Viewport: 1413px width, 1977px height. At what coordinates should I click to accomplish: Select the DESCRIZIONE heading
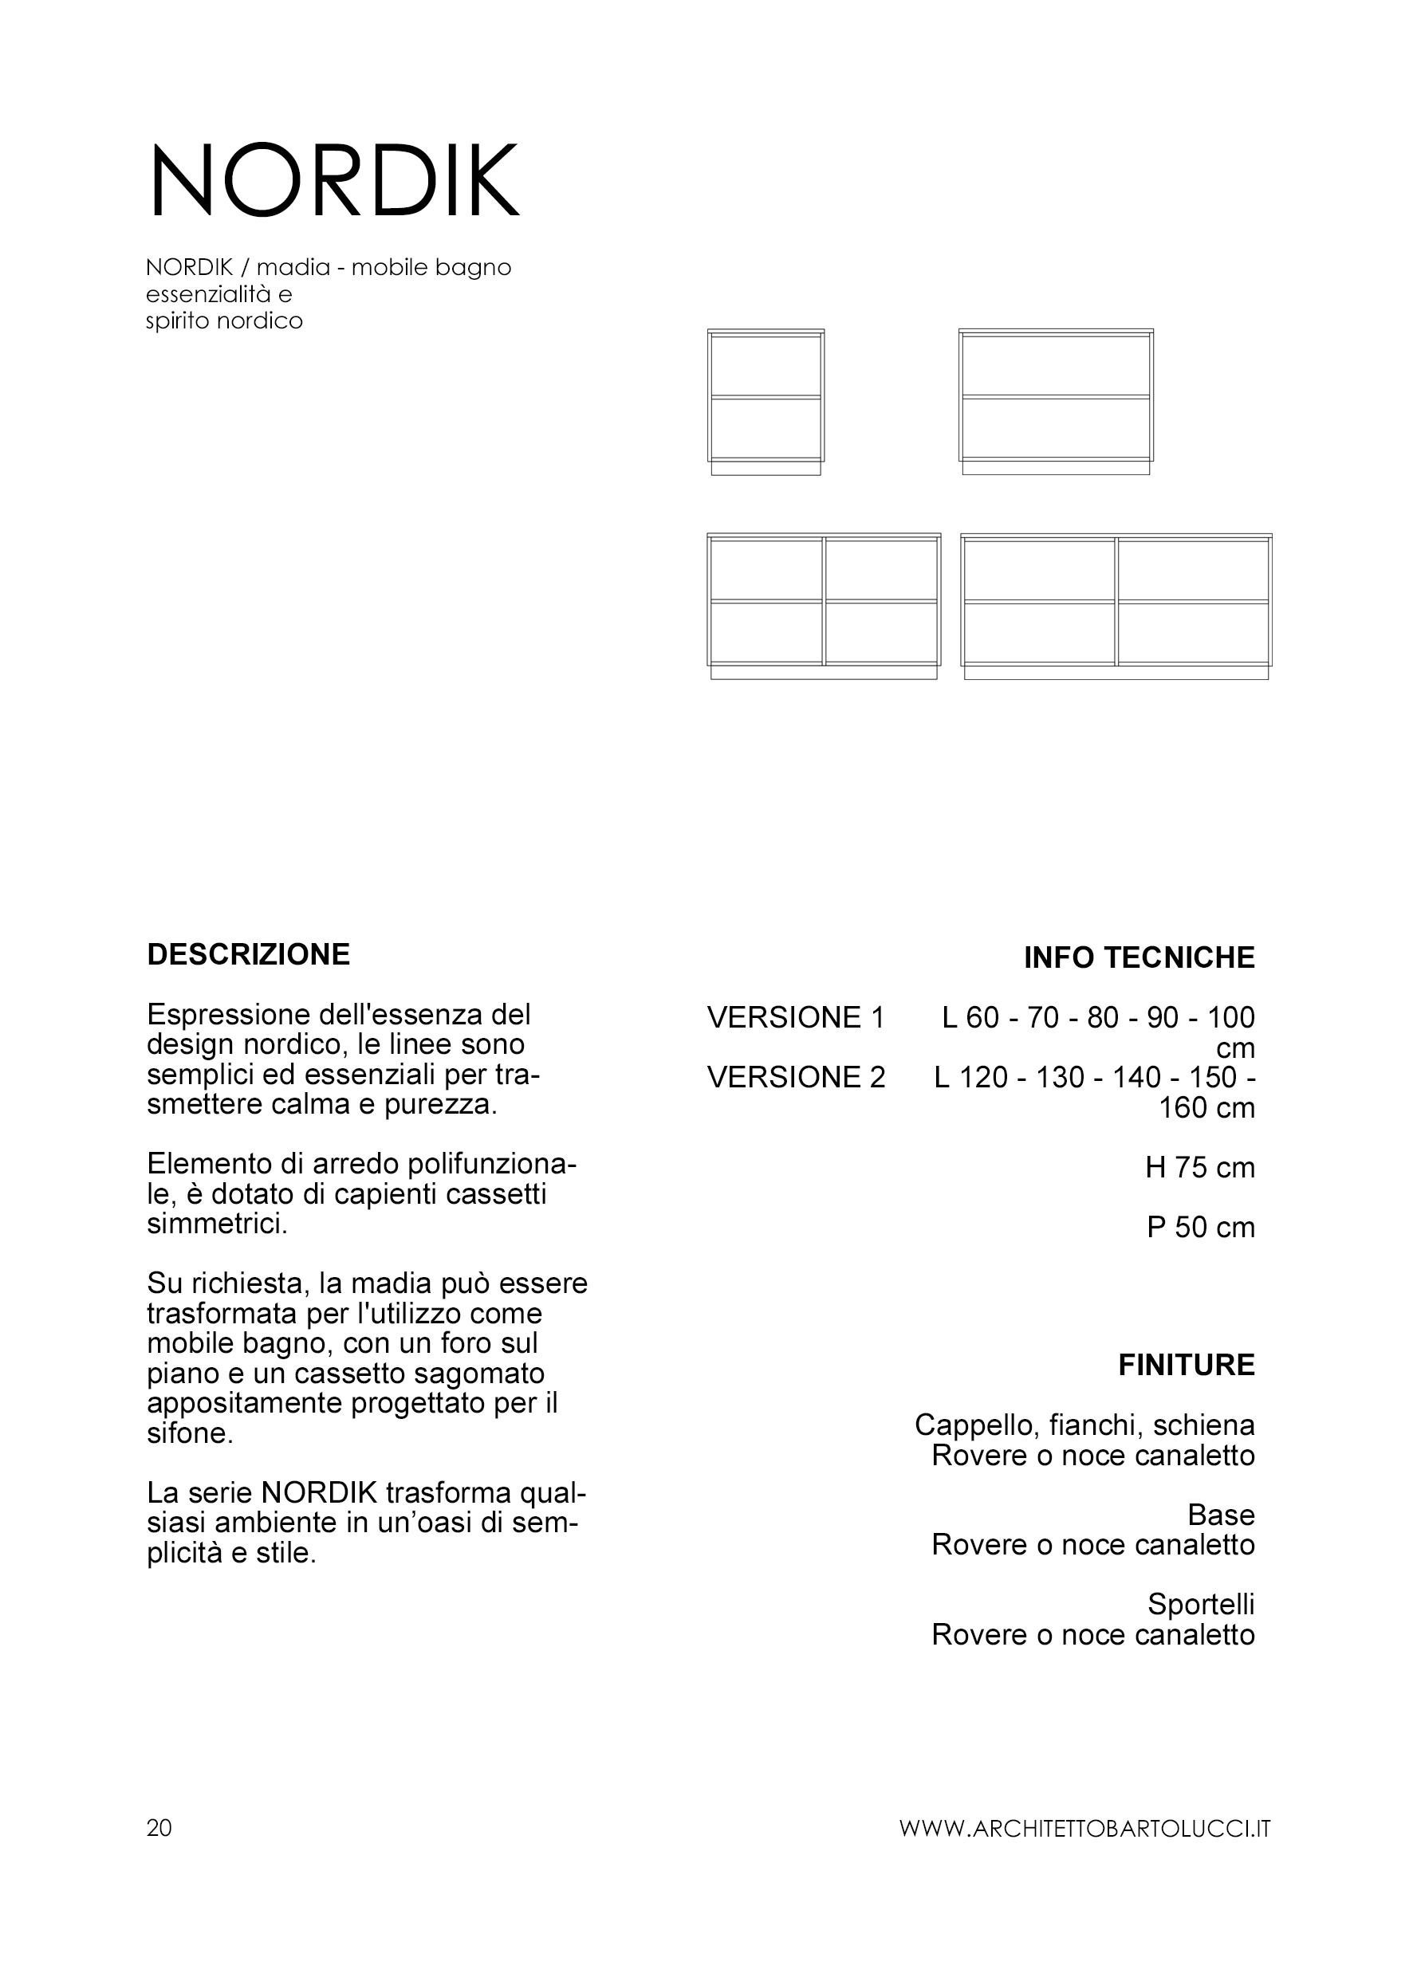coord(248,955)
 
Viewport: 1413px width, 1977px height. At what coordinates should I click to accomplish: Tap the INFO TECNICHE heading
coord(1139,957)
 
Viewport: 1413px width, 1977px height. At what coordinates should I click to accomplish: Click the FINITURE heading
coord(1186,1366)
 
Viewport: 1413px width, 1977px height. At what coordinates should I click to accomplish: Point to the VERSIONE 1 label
coord(795,1018)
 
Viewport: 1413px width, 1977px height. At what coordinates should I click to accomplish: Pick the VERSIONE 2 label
coord(795,1078)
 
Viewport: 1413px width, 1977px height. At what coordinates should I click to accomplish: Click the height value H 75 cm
coord(1200,1168)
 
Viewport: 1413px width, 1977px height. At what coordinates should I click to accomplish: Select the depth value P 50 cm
coord(1200,1228)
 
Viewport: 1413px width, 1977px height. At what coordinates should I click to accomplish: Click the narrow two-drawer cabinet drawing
coord(766,402)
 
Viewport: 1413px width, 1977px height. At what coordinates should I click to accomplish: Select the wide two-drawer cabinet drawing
coord(1056,402)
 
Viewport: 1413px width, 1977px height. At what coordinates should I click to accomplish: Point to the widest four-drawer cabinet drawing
coord(1116,605)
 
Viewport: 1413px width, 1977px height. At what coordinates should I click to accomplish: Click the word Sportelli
coord(1201,1605)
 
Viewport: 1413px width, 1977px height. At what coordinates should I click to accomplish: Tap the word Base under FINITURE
coord(1221,1515)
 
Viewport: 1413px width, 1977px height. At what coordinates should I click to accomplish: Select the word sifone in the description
coord(190,1433)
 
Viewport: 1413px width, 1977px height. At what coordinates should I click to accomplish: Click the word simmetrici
coord(217,1224)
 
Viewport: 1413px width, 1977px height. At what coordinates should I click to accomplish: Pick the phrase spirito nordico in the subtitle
coord(225,322)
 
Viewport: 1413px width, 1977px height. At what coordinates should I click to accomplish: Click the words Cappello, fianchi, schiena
coord(1084,1425)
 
